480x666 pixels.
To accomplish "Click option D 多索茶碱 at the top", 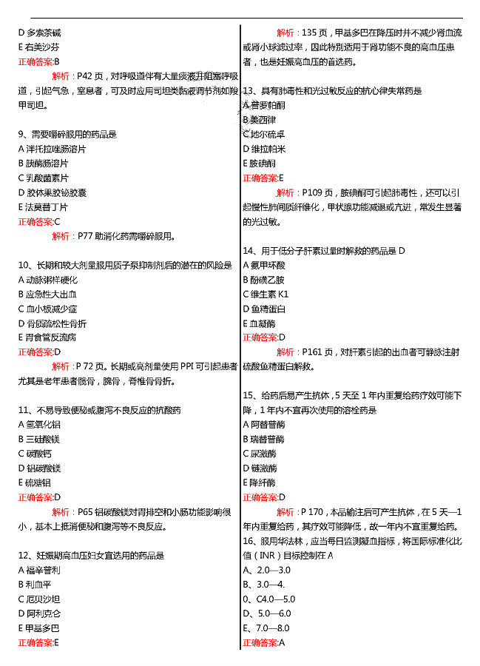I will coord(40,33).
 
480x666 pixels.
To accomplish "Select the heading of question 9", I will coord(67,135).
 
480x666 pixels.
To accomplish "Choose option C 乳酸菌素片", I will coord(44,178).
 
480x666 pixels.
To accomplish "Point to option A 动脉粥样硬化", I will coord(48,280).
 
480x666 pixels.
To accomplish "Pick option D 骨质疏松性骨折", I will coord(52,323).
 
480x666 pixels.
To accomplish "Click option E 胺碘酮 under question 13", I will coord(260,164).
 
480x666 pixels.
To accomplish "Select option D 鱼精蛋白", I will coord(264,309).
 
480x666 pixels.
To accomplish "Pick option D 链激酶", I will coord(260,468).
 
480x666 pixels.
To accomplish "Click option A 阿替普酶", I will coord(264,425).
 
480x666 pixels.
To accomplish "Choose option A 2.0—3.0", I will coord(267,570).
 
